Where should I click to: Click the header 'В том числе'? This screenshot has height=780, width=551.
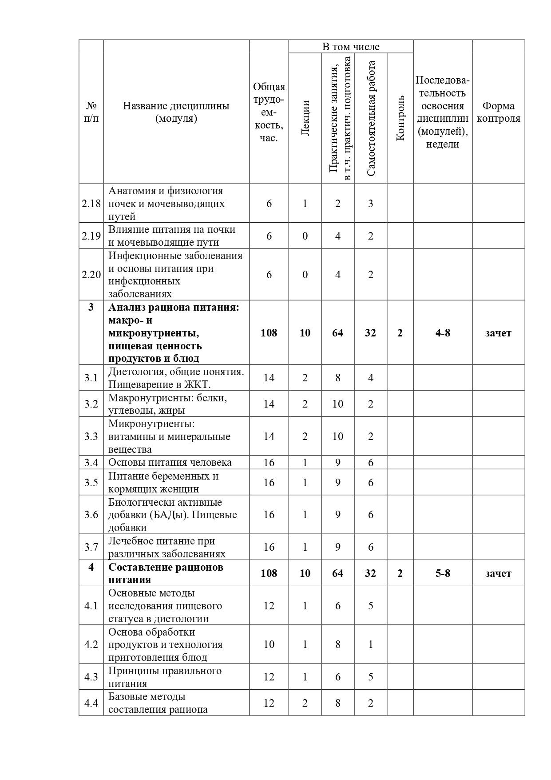[351, 47]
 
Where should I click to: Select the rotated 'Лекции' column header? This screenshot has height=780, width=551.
[305, 118]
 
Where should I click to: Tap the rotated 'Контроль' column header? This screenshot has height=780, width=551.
[400, 118]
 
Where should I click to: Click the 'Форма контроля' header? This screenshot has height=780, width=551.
[498, 112]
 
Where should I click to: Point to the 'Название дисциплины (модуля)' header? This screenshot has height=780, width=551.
[176, 112]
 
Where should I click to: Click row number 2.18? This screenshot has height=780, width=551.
[91, 204]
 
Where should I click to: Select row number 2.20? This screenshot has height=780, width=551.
[91, 274]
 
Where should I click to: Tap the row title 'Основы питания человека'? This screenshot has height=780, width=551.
[170, 462]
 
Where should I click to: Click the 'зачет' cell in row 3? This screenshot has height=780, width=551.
[498, 333]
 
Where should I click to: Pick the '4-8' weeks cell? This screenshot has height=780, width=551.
[443, 333]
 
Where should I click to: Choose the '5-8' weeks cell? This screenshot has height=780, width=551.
[443, 573]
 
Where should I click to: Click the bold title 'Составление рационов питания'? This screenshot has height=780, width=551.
[166, 573]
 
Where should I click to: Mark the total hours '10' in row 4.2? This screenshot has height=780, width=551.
[269, 644]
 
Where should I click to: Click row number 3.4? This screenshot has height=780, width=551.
[91, 462]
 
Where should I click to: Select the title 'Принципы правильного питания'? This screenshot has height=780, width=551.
[165, 677]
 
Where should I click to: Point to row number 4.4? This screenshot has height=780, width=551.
[91, 703]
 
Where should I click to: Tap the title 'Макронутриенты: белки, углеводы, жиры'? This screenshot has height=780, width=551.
[168, 404]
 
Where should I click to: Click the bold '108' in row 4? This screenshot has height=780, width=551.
[269, 573]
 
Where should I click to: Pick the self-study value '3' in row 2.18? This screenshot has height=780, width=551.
[371, 204]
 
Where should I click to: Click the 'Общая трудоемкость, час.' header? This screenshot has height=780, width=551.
[269, 112]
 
